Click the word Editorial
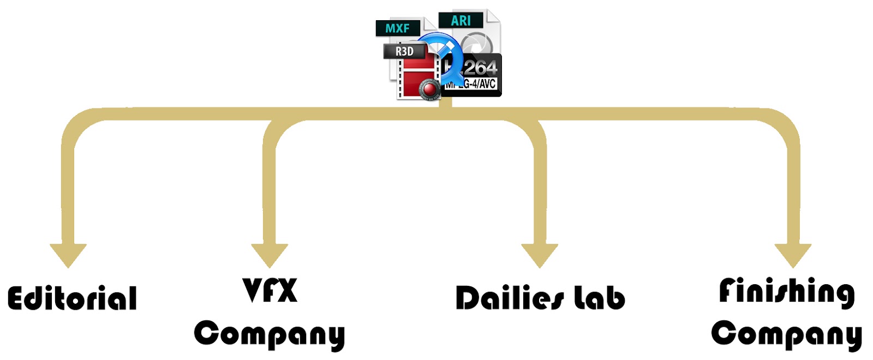pos(72,298)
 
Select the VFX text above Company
pos(270,290)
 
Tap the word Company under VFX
pos(270,334)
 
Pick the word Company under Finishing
pos(786,334)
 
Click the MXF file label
pos(398,28)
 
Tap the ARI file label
pos(461,21)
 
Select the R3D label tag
pos(404,51)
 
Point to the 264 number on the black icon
pos(480,68)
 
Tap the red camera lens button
pos(429,89)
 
